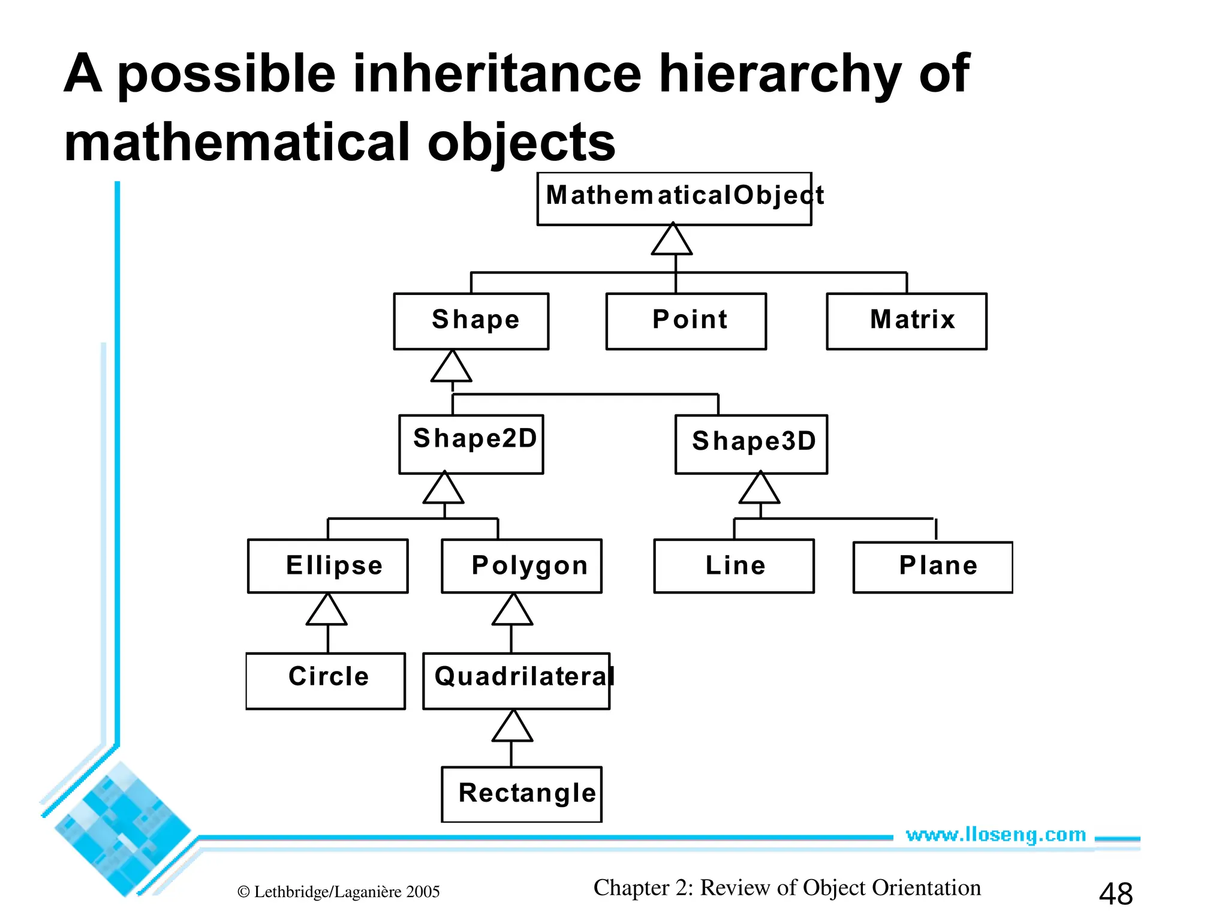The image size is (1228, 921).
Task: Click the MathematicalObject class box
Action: [674, 198]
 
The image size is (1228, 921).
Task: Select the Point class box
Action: [686, 321]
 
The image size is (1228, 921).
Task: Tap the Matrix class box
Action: [906, 321]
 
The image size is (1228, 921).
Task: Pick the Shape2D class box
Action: [471, 444]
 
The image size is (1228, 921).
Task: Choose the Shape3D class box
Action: [751, 444]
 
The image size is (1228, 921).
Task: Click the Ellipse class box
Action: [328, 566]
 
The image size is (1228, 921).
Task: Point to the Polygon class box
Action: [522, 566]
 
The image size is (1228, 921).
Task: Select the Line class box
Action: [734, 566]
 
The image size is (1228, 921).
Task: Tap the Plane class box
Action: [933, 567]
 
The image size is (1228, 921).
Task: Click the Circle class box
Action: [326, 681]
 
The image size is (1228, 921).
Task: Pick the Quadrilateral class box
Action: [516, 681]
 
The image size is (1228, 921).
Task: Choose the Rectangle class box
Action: [522, 794]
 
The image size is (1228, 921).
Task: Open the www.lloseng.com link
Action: [995, 835]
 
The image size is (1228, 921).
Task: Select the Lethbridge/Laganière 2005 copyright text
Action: [339, 892]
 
